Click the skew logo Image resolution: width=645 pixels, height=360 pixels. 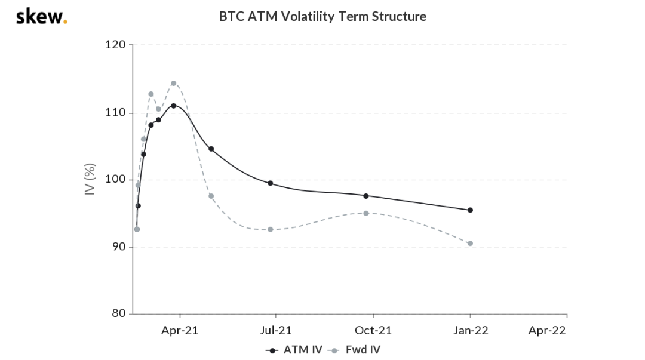click(x=41, y=16)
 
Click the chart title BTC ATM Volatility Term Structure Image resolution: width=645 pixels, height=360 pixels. click(x=322, y=17)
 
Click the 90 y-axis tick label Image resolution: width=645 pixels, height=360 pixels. click(x=118, y=247)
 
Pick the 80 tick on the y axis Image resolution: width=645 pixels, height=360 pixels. click(x=118, y=314)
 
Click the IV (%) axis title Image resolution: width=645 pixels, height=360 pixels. click(x=90, y=180)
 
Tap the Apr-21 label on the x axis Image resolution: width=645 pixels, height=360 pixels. click(x=180, y=330)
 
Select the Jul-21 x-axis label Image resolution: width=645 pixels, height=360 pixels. click(x=277, y=330)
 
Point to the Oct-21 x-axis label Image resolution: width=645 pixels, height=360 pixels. click(x=373, y=330)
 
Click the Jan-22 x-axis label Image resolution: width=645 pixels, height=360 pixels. click(x=470, y=330)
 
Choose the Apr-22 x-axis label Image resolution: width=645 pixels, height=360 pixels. click(x=547, y=330)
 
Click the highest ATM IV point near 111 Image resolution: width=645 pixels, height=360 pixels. click(x=173, y=106)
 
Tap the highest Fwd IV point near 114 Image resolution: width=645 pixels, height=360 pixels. click(x=173, y=83)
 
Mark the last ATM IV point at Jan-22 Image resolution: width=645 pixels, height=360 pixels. click(x=470, y=210)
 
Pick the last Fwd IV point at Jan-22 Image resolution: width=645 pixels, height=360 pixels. click(x=470, y=243)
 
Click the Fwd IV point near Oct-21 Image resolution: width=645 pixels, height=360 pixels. click(x=366, y=213)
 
